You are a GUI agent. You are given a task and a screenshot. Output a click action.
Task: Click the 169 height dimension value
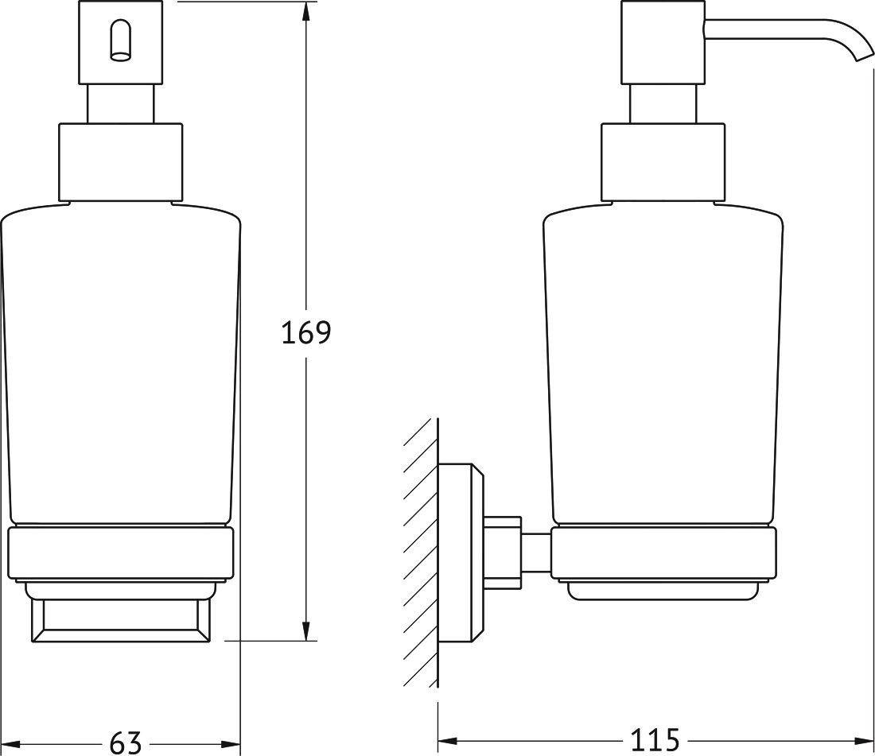[x=305, y=332]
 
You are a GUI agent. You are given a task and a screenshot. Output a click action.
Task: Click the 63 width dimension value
[x=126, y=742]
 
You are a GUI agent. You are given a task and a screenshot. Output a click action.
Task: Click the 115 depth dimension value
[x=655, y=740]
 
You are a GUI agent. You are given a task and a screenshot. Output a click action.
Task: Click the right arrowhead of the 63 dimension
[x=230, y=744]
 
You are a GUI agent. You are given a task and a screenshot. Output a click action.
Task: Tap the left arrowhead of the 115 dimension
[x=448, y=741]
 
